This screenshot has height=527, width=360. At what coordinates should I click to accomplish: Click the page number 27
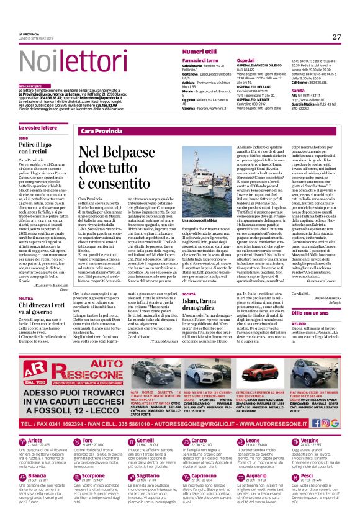pyautogui.click(x=336, y=37)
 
